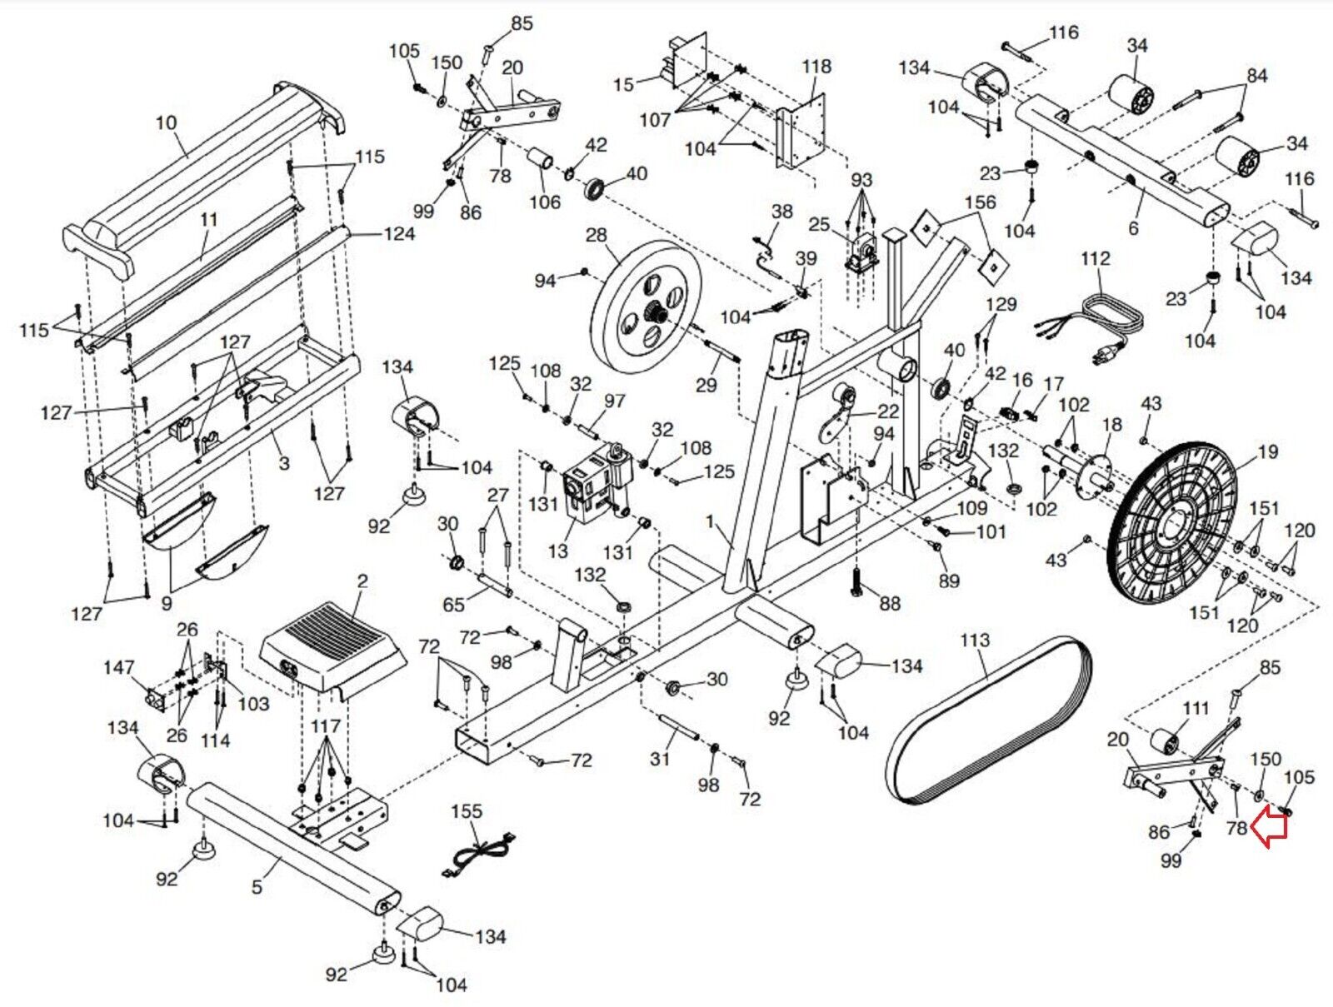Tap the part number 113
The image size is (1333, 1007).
click(x=974, y=641)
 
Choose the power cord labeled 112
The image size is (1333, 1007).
click(x=1091, y=325)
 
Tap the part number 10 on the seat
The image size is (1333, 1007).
click(x=166, y=123)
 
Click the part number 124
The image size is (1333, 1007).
click(x=398, y=234)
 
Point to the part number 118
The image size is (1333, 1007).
click(x=816, y=67)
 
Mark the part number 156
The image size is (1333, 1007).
click(x=980, y=202)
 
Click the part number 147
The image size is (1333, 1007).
click(x=118, y=668)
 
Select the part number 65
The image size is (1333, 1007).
click(x=453, y=604)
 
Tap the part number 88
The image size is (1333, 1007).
click(x=890, y=603)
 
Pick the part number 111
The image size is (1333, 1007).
click(x=1196, y=709)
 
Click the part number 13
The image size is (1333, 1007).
click(x=557, y=551)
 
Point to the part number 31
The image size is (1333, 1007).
click(x=660, y=759)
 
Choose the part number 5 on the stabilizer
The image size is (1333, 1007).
click(x=257, y=887)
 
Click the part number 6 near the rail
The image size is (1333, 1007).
click(x=1133, y=228)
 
